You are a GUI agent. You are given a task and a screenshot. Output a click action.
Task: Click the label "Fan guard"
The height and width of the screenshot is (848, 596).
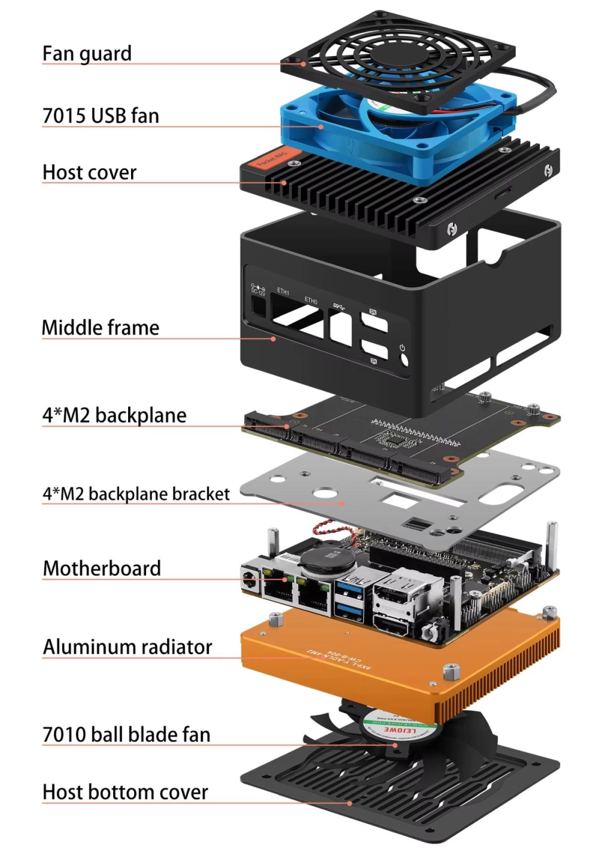[87, 54]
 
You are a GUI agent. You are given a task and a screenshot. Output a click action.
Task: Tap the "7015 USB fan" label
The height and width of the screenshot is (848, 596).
[101, 116]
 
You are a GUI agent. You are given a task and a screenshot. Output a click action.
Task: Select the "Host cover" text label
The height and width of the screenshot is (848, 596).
[89, 173]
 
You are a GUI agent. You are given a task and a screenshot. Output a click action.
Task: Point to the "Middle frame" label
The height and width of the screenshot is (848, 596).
[100, 328]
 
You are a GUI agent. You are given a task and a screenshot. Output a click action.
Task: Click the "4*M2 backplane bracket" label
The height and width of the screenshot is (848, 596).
[136, 494]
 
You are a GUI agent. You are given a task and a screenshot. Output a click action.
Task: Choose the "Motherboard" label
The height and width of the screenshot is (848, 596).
[102, 569]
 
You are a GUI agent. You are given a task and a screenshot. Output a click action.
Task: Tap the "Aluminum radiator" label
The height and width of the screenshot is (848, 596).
[128, 647]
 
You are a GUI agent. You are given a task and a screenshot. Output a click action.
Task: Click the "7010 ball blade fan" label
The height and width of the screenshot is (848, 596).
[126, 735]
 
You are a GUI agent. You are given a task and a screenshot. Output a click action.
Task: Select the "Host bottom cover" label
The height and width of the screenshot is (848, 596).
[125, 793]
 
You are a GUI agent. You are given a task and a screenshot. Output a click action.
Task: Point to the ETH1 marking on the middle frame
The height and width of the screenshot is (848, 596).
[283, 291]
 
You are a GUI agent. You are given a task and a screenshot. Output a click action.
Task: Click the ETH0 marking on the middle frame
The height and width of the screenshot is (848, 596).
[311, 300]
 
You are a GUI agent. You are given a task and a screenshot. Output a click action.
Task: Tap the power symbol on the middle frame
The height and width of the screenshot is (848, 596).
[403, 347]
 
